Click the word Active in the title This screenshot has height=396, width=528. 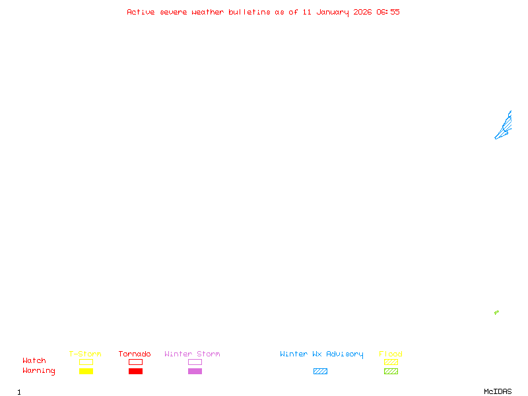click(141, 12)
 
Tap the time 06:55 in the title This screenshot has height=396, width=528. click(387, 12)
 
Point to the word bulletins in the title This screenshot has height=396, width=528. click(249, 12)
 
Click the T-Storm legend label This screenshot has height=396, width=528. click(85, 354)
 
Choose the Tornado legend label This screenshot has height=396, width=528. click(135, 354)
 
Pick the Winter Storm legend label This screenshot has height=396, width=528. click(192, 354)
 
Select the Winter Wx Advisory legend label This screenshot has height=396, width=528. click(321, 354)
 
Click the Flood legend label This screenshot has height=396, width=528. click(391, 354)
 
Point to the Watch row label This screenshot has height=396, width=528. click(34, 361)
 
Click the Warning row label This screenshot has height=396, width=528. click(39, 371)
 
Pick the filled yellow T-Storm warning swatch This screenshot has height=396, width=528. click(86, 372)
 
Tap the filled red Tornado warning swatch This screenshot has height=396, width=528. click(135, 372)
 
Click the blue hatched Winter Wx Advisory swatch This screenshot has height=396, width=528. click(320, 372)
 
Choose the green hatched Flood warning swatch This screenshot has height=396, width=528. click(391, 372)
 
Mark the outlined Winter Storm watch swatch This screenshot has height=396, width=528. click(195, 362)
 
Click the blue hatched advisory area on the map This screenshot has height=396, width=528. click(505, 126)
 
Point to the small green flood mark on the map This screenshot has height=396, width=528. click(496, 312)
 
